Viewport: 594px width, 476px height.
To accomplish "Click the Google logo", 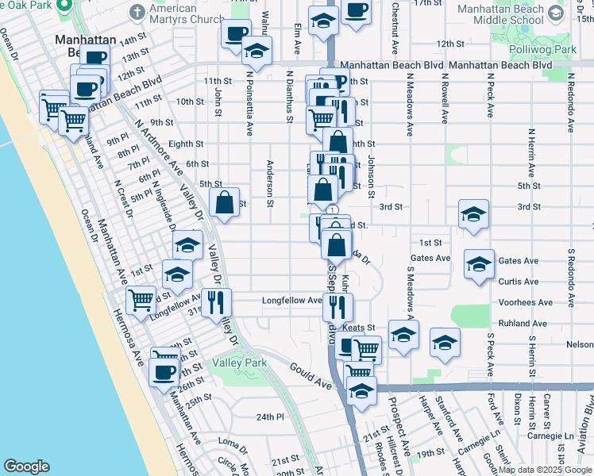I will pyautogui.click(x=26, y=466).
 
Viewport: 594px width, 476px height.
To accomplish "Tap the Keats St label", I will pyautogui.click(x=359, y=328).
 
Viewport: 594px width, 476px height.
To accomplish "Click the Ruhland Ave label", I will pyautogui.click(x=523, y=324).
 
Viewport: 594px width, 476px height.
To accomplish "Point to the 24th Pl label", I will pyautogui.click(x=270, y=416).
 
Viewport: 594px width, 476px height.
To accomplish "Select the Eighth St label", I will pyautogui.click(x=186, y=144).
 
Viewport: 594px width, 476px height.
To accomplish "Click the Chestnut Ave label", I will pyautogui.click(x=395, y=23).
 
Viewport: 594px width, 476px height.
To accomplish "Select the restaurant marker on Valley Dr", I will pyautogui.click(x=215, y=302).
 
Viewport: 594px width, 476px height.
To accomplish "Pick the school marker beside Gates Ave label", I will pyautogui.click(x=479, y=266).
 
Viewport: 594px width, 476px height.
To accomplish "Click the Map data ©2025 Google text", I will pyautogui.click(x=545, y=470).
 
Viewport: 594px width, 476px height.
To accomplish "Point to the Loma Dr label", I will pyautogui.click(x=228, y=441).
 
